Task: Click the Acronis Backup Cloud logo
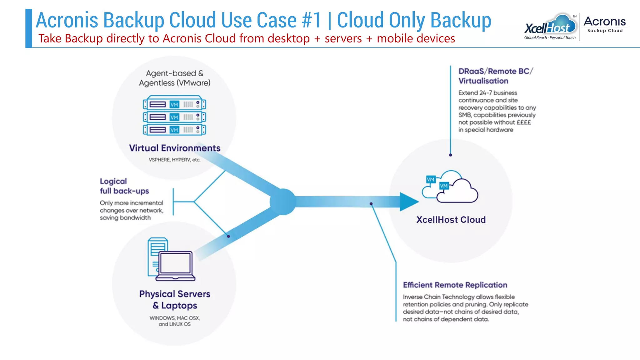[605, 24]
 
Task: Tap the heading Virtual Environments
[175, 148]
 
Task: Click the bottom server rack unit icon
[174, 129]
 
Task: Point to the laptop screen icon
[175, 263]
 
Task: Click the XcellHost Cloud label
[451, 220]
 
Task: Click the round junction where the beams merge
[283, 202]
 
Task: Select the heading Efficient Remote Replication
[455, 285]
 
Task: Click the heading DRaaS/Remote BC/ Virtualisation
[495, 76]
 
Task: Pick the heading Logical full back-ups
[124, 186]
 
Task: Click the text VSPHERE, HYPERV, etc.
[174, 160]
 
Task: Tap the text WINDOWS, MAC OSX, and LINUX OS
[174, 321]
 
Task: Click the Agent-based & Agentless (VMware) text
[174, 78]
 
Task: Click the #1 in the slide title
[312, 20]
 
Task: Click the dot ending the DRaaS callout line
[450, 155]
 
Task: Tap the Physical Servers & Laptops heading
[175, 299]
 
